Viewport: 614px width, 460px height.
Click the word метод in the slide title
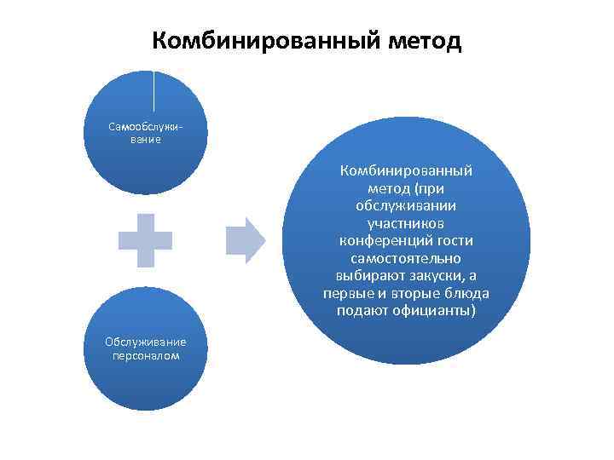(424, 40)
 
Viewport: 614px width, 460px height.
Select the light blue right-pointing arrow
(246, 239)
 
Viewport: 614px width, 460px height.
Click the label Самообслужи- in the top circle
(144, 126)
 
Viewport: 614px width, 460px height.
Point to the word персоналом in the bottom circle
(145, 355)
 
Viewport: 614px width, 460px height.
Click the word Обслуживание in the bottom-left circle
(145, 342)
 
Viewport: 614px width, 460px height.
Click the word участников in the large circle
(405, 222)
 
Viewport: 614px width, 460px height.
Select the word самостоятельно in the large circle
(405, 258)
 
